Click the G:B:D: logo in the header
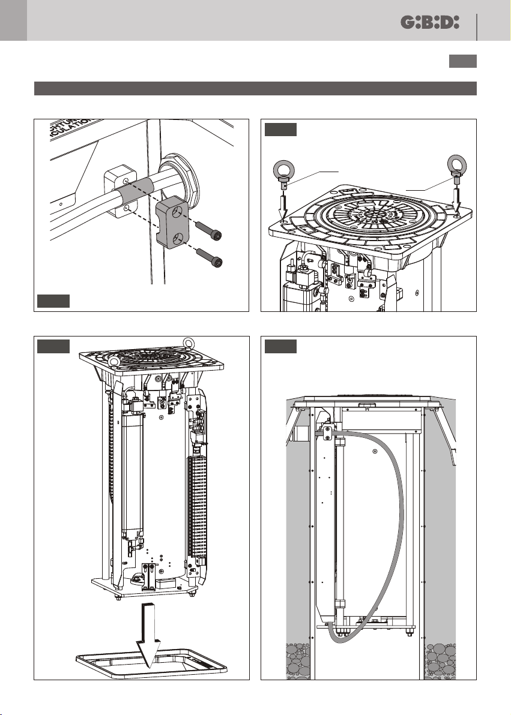click(429, 22)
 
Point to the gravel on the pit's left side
click(300, 660)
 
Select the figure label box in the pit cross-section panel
click(280, 346)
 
